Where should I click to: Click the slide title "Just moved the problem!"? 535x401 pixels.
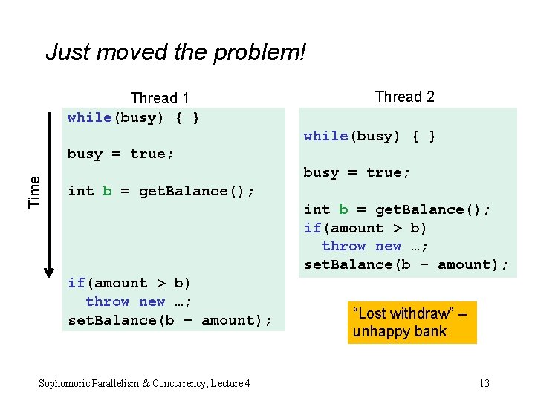pos(175,53)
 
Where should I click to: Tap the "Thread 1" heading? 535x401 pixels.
pos(160,98)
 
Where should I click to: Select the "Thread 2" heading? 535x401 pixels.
pos(405,97)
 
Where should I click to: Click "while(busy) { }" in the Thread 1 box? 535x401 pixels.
pos(133,117)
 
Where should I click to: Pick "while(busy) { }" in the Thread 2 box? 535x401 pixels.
pos(369,136)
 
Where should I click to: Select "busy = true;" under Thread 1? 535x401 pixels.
pos(120,154)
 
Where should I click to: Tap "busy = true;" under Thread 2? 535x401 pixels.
pos(357,172)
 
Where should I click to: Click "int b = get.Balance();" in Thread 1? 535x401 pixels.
pos(161,191)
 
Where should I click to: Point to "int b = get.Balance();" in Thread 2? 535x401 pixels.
pos(398,209)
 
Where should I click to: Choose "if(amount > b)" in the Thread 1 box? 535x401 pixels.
pos(129,283)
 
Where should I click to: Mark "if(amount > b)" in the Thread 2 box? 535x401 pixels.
pos(365,228)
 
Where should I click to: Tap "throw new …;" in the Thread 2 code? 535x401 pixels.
pos(375,246)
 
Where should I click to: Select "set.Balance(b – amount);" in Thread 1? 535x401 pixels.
pos(170,320)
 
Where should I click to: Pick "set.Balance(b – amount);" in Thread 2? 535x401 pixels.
pos(406,264)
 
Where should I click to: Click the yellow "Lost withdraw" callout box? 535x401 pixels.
pos(411,322)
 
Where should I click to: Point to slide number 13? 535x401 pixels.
pos(484,383)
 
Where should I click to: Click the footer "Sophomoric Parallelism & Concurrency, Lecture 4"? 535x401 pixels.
pos(144,383)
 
